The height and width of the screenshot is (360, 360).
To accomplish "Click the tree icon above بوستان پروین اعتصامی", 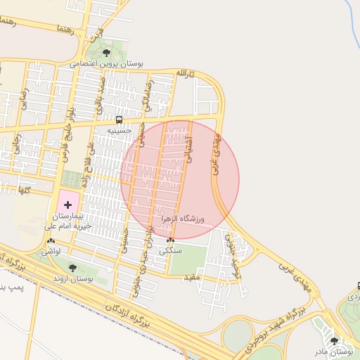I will coord(106,53).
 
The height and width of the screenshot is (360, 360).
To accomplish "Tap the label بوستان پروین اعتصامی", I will coord(106,64).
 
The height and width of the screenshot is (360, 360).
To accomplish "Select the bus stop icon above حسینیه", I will coord(119,120).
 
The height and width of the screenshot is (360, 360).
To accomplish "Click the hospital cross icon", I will coord(67,204).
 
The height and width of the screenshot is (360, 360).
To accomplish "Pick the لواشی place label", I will coord(50,250).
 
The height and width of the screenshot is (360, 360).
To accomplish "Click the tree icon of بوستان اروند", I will coord(72,267).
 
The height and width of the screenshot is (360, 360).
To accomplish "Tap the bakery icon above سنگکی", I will coord(170,240).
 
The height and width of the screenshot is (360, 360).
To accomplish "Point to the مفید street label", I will coord(192,279).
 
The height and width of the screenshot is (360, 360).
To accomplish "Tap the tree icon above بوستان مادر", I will coord(334,340).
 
